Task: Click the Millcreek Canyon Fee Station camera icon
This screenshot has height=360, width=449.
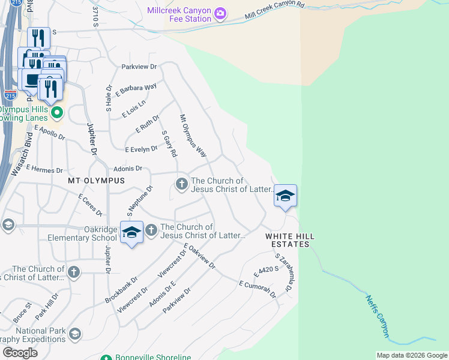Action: coord(220,13)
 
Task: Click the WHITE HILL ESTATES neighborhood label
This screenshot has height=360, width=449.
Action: coord(288,240)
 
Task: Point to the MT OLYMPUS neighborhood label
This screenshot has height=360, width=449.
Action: coord(96,180)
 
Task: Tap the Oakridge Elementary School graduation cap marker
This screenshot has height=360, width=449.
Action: coord(131,232)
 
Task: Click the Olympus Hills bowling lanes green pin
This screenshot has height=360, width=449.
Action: coord(57,112)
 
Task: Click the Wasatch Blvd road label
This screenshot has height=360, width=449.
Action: coord(20,154)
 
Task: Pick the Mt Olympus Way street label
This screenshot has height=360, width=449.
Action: coord(193,136)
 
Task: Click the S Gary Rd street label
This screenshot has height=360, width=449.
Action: coord(169,144)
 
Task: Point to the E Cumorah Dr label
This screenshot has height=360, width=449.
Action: coord(257,289)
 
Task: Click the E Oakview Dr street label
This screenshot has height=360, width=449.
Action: coord(199,256)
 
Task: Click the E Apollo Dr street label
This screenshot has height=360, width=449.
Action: coord(50,132)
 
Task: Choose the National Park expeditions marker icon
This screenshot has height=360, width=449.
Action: coord(75,334)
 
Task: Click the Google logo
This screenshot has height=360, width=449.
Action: coord(20,353)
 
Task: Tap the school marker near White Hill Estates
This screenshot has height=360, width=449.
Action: coord(286,196)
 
